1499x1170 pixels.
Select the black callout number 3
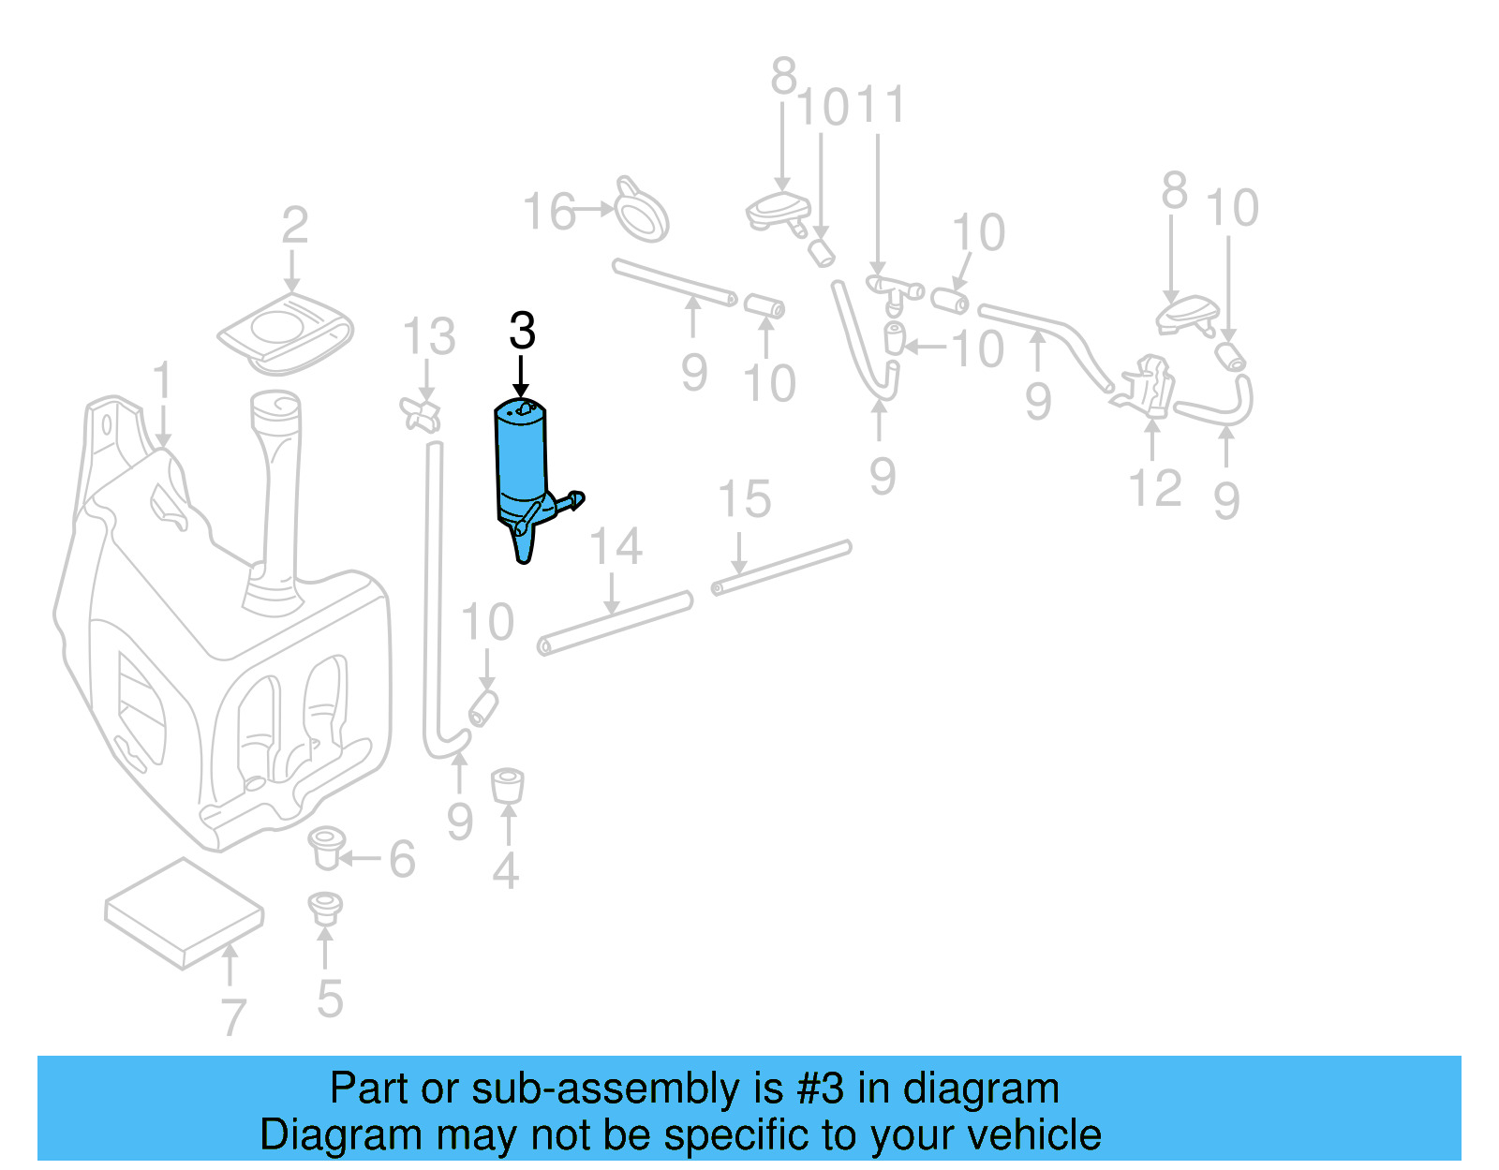(522, 331)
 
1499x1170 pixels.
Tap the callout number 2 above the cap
(294, 226)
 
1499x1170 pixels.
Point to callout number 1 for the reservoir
(163, 381)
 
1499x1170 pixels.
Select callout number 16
(549, 212)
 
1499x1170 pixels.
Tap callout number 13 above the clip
(429, 337)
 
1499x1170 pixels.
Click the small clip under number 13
(421, 412)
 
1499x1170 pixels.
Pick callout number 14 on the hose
(616, 546)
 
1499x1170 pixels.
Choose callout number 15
(744, 499)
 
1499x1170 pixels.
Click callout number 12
(1155, 488)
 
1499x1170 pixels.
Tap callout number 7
(232, 1016)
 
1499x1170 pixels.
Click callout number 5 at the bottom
(330, 999)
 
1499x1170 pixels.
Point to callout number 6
(402, 859)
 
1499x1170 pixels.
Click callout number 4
(505, 871)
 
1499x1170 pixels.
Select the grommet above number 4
(507, 785)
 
